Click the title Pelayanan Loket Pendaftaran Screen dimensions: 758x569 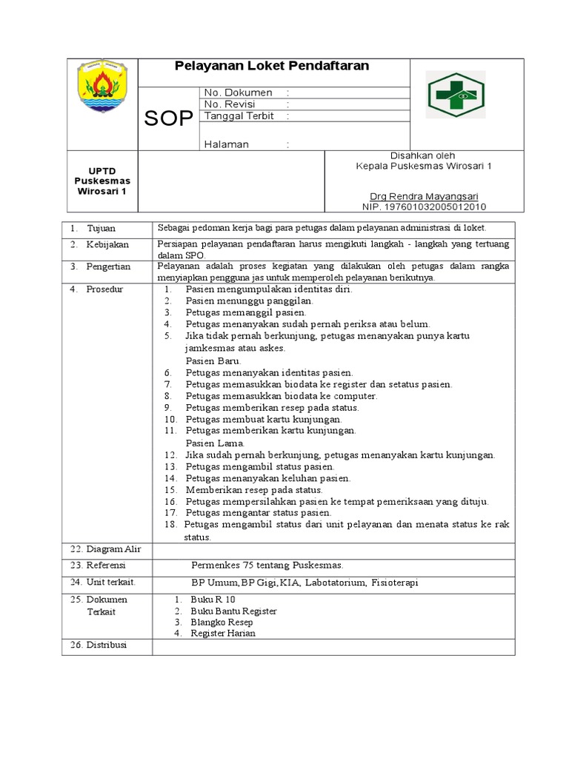(271, 67)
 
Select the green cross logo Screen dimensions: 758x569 (456, 95)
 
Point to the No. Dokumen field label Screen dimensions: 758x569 (238, 93)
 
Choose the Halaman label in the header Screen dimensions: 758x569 (226, 144)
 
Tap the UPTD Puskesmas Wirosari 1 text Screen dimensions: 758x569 (102, 181)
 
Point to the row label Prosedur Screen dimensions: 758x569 (105, 289)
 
